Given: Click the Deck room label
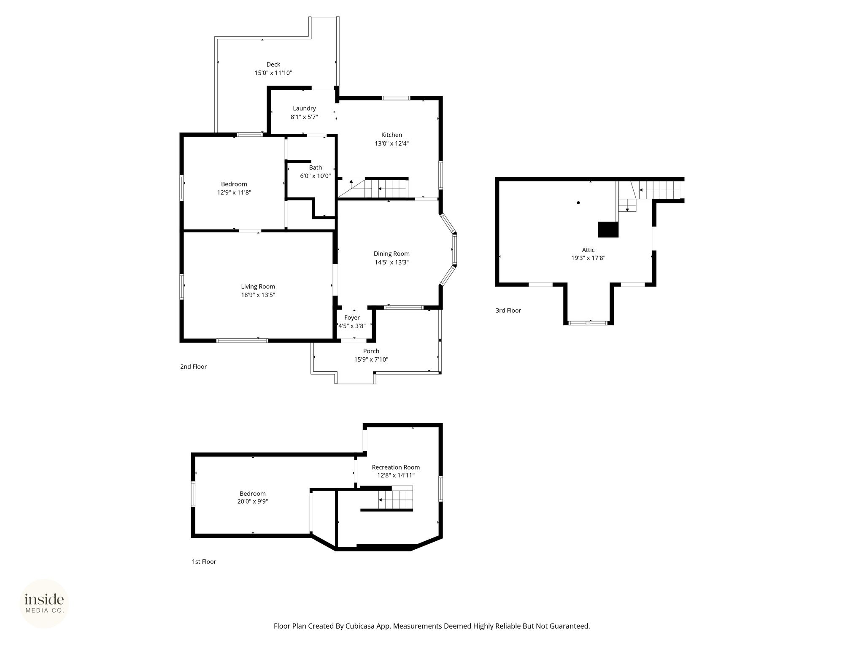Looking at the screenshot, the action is (x=273, y=65).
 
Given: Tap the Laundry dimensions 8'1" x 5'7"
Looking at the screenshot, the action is (x=304, y=117).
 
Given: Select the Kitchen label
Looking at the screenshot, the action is (x=391, y=135).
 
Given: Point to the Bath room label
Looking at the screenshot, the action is (x=315, y=167).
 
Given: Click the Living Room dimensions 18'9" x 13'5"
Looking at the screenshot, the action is (x=258, y=295).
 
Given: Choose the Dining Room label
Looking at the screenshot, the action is (x=391, y=254).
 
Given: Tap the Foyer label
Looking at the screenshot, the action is (x=352, y=318).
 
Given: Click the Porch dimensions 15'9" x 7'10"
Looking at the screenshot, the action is (x=371, y=359).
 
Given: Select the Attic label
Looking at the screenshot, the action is (x=588, y=250).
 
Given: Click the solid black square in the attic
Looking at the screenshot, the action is (x=608, y=229).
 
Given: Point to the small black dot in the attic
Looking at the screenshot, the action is (x=578, y=202).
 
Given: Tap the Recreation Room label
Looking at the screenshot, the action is (x=396, y=467).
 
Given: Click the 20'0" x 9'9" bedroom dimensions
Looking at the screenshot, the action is (x=253, y=502).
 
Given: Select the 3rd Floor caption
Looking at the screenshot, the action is (x=508, y=310).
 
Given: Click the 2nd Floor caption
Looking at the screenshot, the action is (x=193, y=367).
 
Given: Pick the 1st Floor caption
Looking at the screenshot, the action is (x=204, y=562).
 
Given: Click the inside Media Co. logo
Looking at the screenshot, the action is (x=44, y=603).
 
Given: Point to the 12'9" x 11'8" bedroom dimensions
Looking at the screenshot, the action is (x=234, y=192).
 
